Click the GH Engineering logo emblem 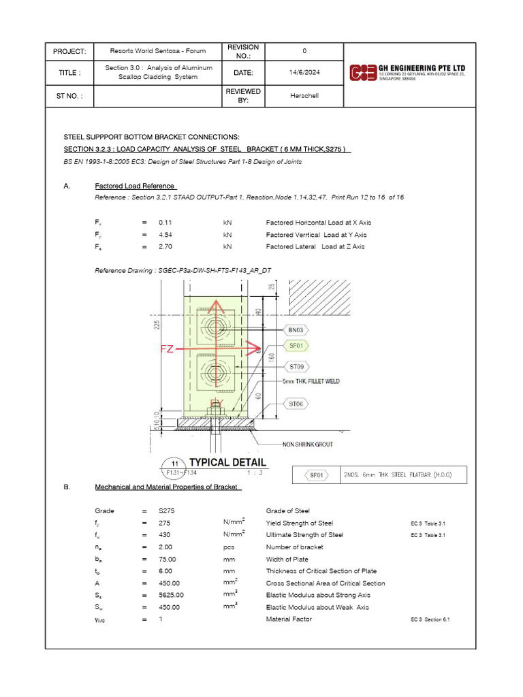tap(362, 72)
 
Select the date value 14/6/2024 tap(304, 72)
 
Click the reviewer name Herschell tap(304, 96)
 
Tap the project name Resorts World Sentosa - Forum tap(159, 51)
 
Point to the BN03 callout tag tap(296, 329)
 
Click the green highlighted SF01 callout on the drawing tap(296, 346)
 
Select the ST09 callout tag tap(296, 368)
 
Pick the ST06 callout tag tap(296, 404)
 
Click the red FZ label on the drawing tap(168, 349)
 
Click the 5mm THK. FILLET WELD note tap(311, 382)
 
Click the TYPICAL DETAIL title tap(227, 463)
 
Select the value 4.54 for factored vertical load tap(166, 235)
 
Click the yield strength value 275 tap(164, 523)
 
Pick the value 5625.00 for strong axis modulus tap(170, 595)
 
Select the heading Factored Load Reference tap(136, 187)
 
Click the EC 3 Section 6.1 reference tap(430, 619)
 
